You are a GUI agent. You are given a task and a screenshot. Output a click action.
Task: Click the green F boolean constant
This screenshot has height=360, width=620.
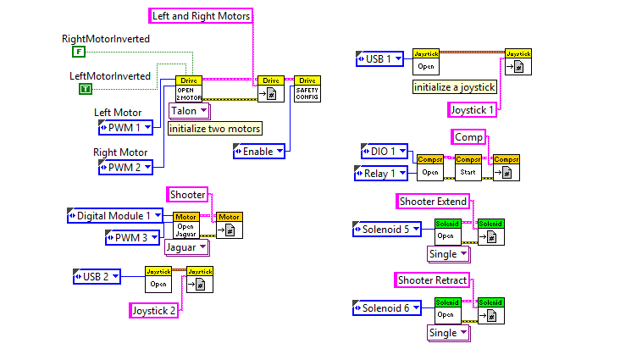tap(79, 52)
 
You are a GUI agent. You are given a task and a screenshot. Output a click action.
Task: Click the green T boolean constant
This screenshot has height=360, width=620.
tap(86, 89)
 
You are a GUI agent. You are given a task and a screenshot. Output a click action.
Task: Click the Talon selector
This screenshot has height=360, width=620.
tap(189, 111)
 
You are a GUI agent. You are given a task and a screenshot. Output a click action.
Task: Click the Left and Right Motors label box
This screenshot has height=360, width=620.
tap(202, 15)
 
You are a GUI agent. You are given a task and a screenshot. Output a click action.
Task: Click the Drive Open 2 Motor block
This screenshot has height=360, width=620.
tap(189, 89)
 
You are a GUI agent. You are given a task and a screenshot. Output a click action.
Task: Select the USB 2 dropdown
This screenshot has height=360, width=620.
tap(97, 275)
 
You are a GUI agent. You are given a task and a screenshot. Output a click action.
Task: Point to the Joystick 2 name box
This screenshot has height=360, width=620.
tap(154, 311)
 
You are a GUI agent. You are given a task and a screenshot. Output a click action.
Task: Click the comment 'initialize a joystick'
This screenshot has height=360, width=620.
tap(454, 86)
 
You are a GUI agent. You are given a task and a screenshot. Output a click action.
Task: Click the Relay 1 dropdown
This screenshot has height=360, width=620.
tap(380, 173)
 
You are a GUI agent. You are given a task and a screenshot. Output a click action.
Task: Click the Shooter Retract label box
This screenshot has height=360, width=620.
tap(432, 280)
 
